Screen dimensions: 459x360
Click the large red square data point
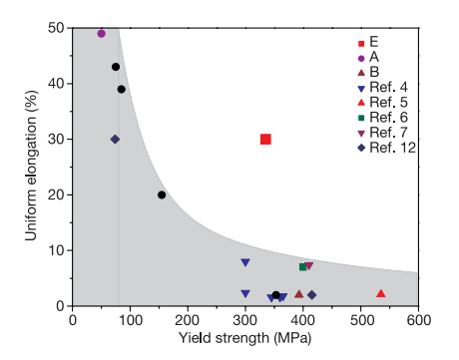(x=265, y=139)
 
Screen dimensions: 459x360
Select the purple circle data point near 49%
(x=102, y=33)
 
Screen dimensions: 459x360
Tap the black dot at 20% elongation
(x=162, y=194)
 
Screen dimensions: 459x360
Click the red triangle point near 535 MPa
(x=381, y=293)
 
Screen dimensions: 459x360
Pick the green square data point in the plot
(x=302, y=267)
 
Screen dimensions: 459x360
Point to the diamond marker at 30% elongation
(x=115, y=140)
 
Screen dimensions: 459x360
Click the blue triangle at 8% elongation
(x=245, y=262)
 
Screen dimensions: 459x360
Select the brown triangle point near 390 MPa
(x=299, y=294)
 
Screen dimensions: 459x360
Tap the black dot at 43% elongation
(x=116, y=67)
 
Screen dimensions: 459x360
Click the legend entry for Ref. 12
(x=386, y=148)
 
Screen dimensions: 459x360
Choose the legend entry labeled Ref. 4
(x=382, y=88)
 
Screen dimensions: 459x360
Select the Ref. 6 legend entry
(x=382, y=118)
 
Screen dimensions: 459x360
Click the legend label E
(x=374, y=42)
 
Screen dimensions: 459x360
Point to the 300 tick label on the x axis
(x=245, y=320)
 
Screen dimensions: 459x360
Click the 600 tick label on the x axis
(x=418, y=320)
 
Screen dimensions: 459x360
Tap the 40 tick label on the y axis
(x=56, y=84)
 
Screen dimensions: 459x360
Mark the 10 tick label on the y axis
(x=56, y=250)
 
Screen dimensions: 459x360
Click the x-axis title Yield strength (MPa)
(x=245, y=339)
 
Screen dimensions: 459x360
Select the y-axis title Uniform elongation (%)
(x=31, y=166)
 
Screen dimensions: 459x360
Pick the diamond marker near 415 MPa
(x=312, y=295)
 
